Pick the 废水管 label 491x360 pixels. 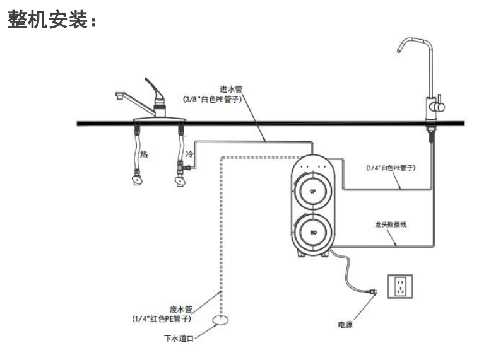point(180,309)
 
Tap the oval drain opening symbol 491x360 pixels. point(220,322)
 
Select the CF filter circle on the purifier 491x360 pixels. point(313,190)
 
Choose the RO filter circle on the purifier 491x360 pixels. point(313,233)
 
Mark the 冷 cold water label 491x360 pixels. point(188,154)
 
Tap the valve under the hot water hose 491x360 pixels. point(135,180)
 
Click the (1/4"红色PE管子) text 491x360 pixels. point(162,318)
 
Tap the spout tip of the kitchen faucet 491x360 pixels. point(117,97)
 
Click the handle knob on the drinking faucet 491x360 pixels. point(440,107)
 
